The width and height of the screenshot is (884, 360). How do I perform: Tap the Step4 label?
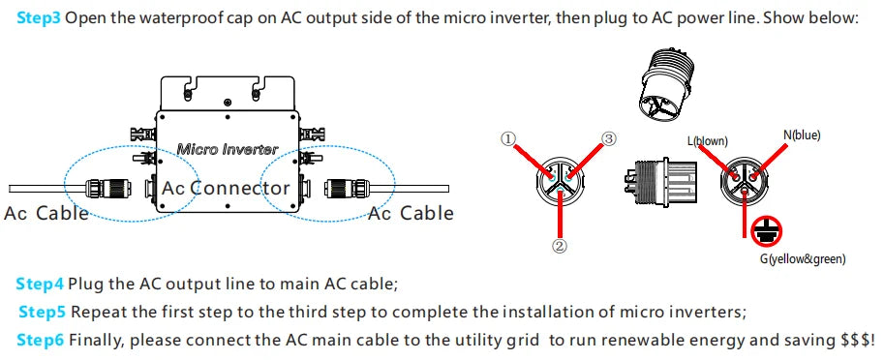tap(40, 284)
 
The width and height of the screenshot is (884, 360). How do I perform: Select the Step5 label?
tap(43, 312)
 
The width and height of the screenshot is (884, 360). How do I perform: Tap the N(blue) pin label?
tap(801, 135)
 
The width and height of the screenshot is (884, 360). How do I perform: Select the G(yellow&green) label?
tap(803, 258)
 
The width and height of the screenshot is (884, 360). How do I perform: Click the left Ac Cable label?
tap(46, 213)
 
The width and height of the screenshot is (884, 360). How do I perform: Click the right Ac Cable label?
tap(411, 213)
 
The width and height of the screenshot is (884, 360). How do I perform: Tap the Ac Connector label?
tap(226, 187)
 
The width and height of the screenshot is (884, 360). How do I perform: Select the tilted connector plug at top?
tap(668, 86)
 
